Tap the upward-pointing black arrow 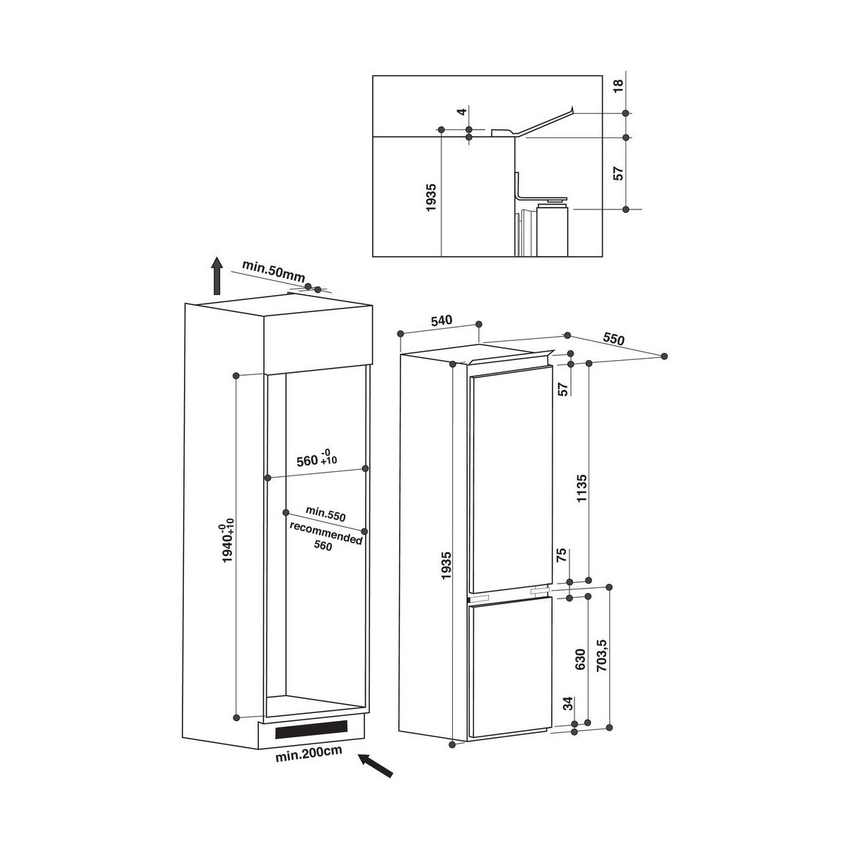coord(216,275)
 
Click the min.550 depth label coord(325,514)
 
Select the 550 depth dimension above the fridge coord(613,339)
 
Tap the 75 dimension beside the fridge coord(562,555)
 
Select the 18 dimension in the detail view coord(618,85)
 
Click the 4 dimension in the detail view coord(461,112)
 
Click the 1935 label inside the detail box coord(431,197)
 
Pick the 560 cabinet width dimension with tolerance coord(317,461)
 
